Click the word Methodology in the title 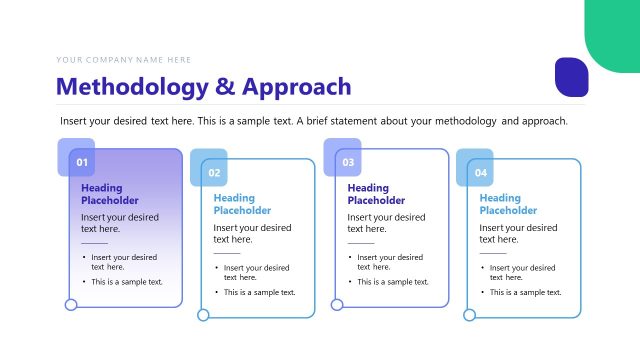point(131,87)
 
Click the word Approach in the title point(297,87)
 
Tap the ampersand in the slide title point(226,87)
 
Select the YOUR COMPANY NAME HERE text point(124,60)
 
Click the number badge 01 point(82,162)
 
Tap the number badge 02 point(214,173)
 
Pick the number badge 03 point(348,162)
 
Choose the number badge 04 point(481,173)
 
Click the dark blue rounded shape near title point(571,78)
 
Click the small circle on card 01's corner point(71,305)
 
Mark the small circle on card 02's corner point(203,315)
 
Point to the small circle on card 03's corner point(337,305)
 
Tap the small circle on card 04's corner point(469,315)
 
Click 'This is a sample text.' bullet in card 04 point(525,292)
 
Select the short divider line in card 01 point(94,243)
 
